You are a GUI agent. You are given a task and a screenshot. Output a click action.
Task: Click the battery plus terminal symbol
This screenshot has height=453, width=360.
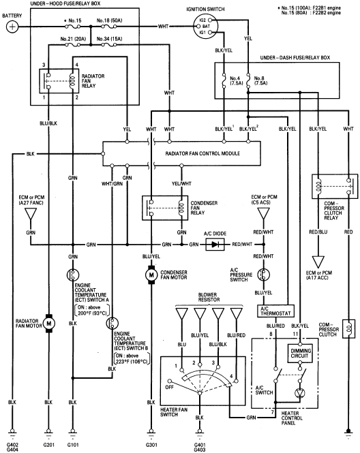pos(12,27)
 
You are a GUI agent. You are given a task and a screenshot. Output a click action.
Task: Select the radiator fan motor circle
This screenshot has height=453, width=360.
pos(48,320)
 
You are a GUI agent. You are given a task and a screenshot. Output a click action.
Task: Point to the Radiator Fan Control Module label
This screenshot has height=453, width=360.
pos(202,154)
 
